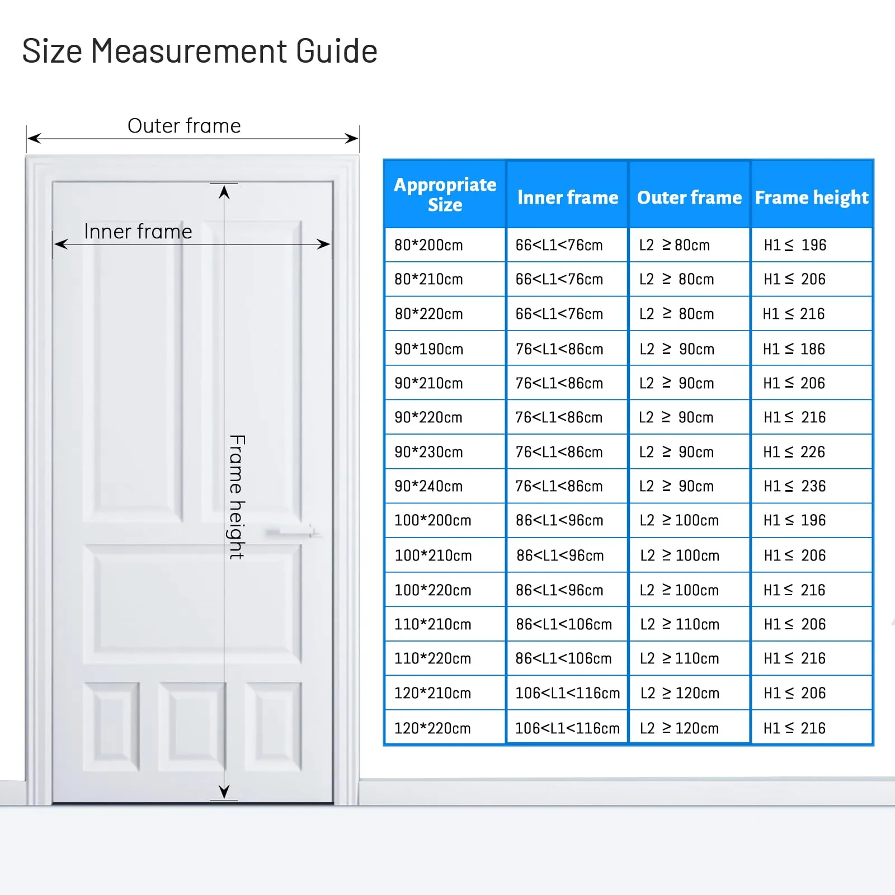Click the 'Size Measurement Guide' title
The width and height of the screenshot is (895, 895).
[200, 51]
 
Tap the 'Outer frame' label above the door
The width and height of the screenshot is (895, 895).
[184, 126]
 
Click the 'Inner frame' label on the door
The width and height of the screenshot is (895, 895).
[138, 232]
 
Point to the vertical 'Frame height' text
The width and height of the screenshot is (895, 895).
[237, 497]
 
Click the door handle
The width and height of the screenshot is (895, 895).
[291, 531]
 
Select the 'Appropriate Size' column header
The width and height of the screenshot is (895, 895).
[445, 194]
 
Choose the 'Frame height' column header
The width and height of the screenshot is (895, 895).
[812, 197]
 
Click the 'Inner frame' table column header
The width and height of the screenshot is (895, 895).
[568, 197]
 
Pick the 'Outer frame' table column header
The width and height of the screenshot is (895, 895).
[689, 197]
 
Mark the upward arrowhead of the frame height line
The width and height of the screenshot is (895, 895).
[224, 192]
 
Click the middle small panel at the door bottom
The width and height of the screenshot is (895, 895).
[192, 726]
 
